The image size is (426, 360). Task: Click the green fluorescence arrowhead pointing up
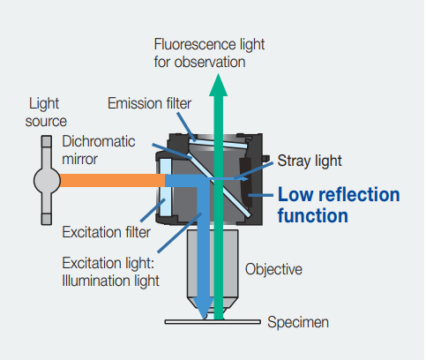(x=218, y=86)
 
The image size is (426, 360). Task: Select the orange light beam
(x=112, y=180)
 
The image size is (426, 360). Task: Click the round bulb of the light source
(x=47, y=181)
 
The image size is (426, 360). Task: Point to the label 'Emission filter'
(x=149, y=103)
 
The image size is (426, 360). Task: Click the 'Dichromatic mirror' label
(x=99, y=150)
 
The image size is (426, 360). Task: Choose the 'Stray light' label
(x=310, y=161)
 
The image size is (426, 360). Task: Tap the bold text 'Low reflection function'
(x=339, y=205)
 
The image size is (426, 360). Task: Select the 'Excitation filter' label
(x=106, y=232)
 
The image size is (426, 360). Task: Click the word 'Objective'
(x=273, y=269)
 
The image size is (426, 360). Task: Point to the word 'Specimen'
(x=298, y=322)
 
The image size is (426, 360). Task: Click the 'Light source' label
(x=46, y=112)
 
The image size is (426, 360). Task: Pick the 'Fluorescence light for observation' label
(x=209, y=53)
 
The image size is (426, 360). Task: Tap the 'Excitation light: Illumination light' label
(x=111, y=272)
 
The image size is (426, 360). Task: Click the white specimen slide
(x=213, y=322)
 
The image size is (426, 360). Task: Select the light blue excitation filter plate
(x=165, y=188)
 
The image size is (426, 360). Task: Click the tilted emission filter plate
(x=218, y=144)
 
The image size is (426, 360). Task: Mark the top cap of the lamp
(x=47, y=141)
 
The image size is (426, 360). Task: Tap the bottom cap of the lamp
(x=47, y=219)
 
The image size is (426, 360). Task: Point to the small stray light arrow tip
(x=246, y=178)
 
